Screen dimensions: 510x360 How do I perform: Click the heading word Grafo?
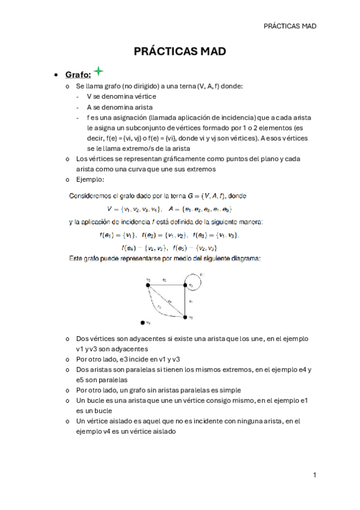click(78, 75)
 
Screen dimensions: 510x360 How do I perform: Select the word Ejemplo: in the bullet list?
click(90, 179)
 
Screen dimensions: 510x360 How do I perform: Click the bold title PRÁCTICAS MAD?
click(180, 52)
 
